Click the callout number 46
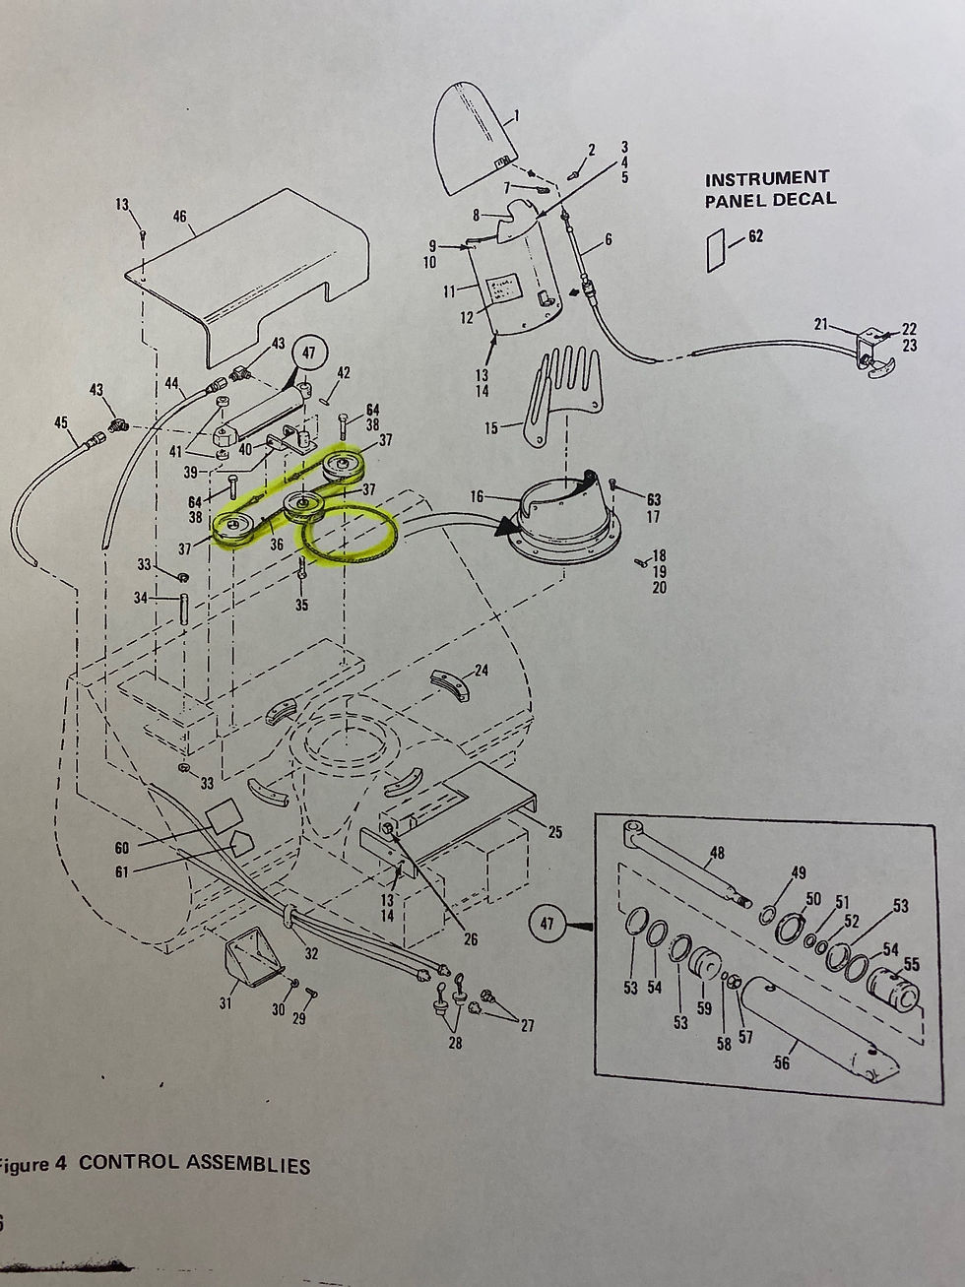(179, 216)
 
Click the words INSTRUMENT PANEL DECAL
(770, 188)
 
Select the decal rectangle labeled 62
(715, 250)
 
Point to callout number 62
(755, 236)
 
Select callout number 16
(477, 497)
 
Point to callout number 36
(277, 544)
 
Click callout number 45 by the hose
(61, 423)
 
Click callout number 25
(554, 833)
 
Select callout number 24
(481, 671)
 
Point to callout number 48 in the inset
(716, 853)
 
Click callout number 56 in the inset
(781, 1062)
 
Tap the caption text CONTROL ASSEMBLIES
(194, 1163)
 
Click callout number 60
(121, 848)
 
